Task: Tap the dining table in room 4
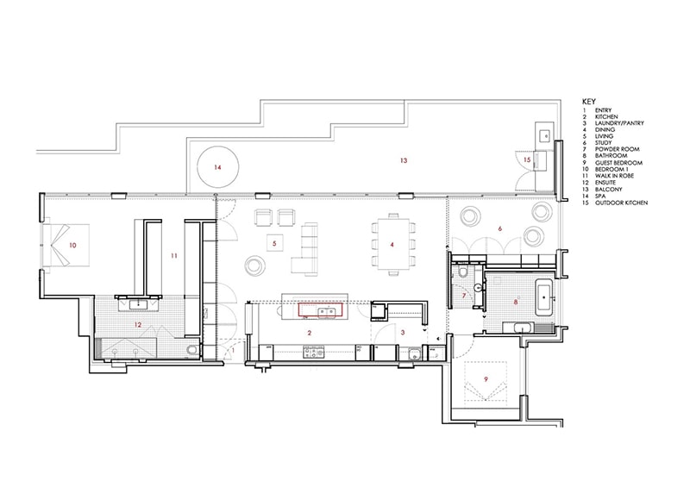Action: (392, 245)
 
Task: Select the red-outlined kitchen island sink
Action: (321, 310)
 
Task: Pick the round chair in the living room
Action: (254, 265)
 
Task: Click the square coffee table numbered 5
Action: (274, 243)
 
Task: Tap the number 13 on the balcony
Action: (404, 160)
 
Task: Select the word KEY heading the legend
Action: (589, 102)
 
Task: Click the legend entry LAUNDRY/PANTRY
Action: (619, 123)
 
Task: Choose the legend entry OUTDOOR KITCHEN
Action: (621, 203)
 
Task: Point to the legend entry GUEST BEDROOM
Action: (618, 163)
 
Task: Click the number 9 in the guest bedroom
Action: (486, 378)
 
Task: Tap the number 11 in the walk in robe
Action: (174, 256)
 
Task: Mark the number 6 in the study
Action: (500, 228)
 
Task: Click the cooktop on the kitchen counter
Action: (313, 352)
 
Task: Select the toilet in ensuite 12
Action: (191, 350)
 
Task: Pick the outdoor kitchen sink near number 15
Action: (546, 136)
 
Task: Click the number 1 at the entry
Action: (233, 351)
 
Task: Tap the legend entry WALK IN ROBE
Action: (614, 176)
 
